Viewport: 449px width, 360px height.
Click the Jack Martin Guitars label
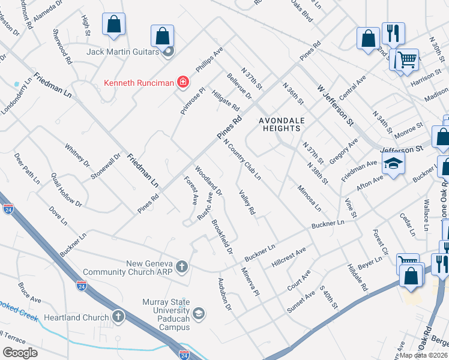click(x=122, y=52)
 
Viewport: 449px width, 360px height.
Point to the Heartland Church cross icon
click(x=119, y=316)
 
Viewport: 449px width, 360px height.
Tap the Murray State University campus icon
click(x=199, y=313)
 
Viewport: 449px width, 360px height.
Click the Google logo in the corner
click(x=20, y=352)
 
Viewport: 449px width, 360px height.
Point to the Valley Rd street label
click(x=247, y=202)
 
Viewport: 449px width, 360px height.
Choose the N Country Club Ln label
click(x=243, y=160)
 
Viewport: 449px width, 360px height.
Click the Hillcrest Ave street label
click(x=289, y=256)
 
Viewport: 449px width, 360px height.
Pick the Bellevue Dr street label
click(x=239, y=86)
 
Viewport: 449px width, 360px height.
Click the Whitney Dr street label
click(x=77, y=155)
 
